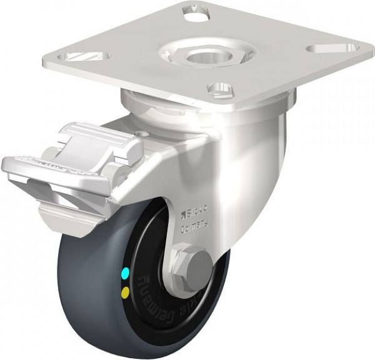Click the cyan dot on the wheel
click(127, 272)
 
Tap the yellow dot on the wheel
click(127, 291)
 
